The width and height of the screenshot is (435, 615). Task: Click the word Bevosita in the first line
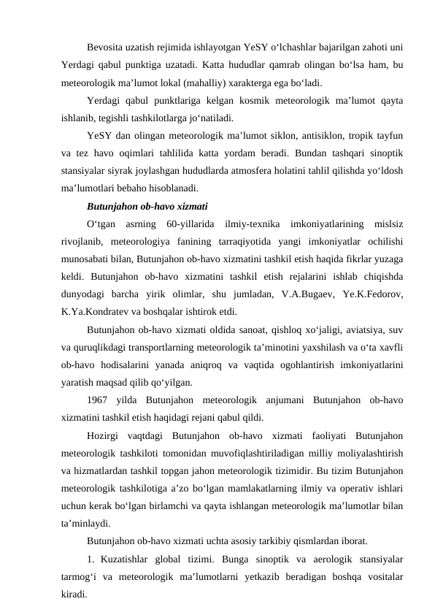pyautogui.click(x=106, y=48)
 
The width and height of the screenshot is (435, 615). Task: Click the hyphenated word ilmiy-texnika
pyautogui.click(x=253, y=222)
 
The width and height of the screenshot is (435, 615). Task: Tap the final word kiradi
pyautogui.click(x=74, y=594)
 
